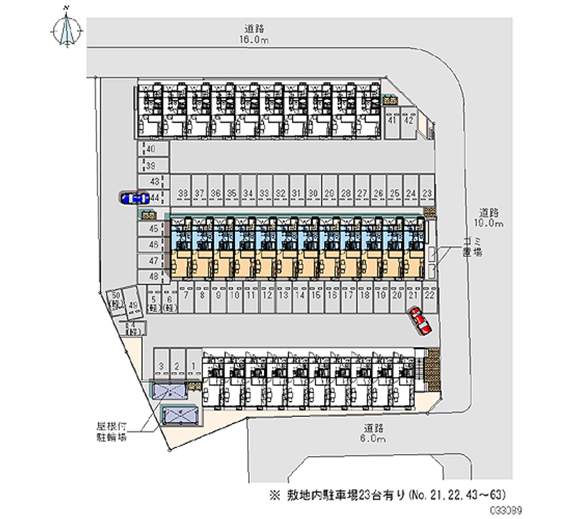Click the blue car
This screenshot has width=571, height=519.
coord(133,198)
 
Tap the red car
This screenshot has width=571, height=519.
coord(420,321)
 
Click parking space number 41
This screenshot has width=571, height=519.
coord(392,121)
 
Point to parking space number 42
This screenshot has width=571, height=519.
coord(409,121)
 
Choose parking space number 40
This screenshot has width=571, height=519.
coord(151,149)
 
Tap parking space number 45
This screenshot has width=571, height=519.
coord(153,229)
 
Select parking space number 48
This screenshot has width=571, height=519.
coord(153,275)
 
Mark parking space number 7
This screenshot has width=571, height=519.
coord(186,294)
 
